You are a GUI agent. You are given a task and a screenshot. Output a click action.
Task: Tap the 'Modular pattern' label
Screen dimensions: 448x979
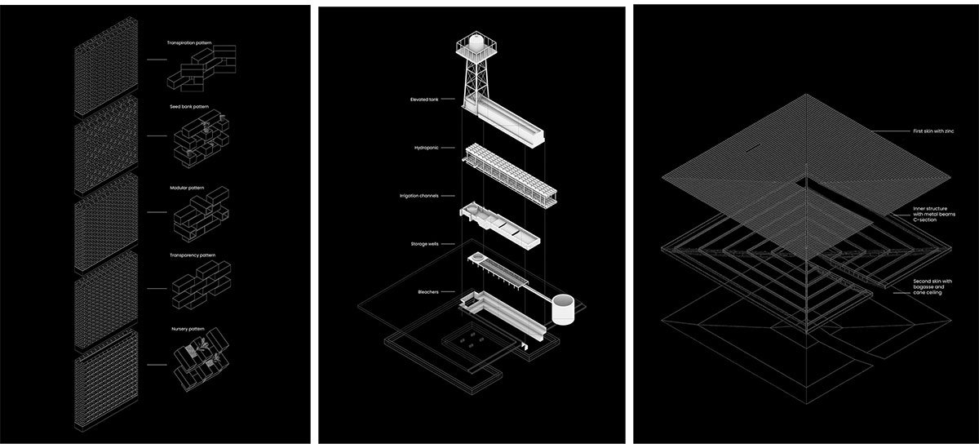point(184,188)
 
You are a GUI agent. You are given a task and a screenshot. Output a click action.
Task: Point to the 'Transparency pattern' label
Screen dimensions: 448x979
point(190,255)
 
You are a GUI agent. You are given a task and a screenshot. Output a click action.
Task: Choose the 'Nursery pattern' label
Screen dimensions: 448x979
point(186,329)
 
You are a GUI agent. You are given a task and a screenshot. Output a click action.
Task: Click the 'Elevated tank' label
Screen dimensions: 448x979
point(426,100)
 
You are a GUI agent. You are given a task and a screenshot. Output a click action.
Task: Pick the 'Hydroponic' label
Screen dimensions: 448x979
point(427,149)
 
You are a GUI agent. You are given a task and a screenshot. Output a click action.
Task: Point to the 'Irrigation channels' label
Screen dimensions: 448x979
point(420,196)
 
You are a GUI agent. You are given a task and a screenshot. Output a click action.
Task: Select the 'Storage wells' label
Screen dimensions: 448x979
point(426,243)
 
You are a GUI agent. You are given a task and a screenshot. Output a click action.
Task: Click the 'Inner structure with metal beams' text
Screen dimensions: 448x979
point(929,215)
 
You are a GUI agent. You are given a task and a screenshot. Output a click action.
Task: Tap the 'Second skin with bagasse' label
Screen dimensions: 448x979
point(929,286)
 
